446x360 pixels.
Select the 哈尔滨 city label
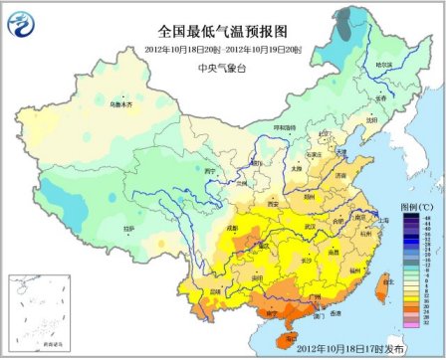pyautogui.click(x=383, y=66)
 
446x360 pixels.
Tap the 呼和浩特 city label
pyautogui.click(x=286, y=126)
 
